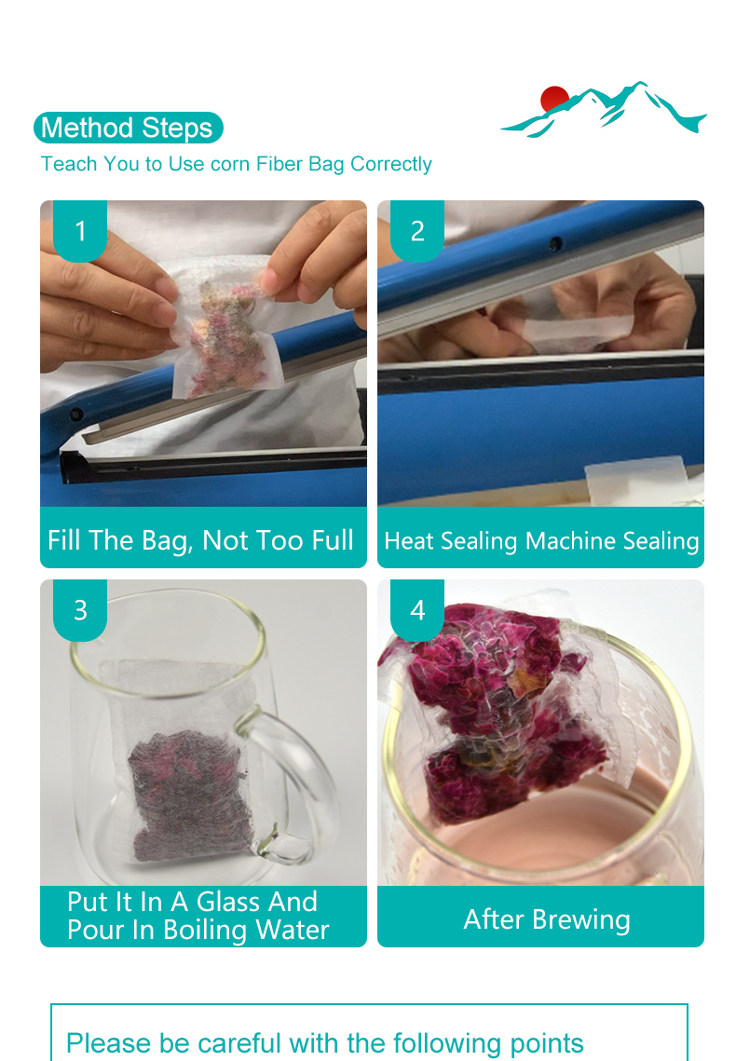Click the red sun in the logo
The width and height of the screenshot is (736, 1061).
(x=554, y=98)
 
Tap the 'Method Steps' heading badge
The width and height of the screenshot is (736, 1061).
(x=128, y=128)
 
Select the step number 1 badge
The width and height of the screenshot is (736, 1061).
(x=80, y=231)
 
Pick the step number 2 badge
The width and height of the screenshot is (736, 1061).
(x=417, y=231)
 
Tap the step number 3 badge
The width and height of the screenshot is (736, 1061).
(x=80, y=610)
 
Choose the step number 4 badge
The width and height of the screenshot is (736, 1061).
(x=417, y=610)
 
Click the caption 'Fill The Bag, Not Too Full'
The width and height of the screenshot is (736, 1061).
(x=200, y=540)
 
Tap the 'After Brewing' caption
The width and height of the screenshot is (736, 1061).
(x=547, y=919)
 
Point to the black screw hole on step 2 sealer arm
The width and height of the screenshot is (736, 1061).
(x=555, y=243)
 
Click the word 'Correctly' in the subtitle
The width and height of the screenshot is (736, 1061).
(x=391, y=165)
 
